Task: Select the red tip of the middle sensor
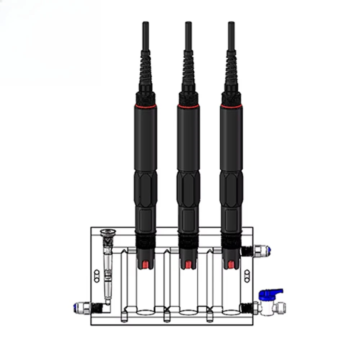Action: (x=187, y=265)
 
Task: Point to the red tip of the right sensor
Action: (x=230, y=265)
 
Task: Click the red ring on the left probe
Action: (x=145, y=106)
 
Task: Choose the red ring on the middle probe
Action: (x=188, y=106)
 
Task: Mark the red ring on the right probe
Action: (x=231, y=106)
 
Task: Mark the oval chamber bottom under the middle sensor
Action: (x=187, y=312)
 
